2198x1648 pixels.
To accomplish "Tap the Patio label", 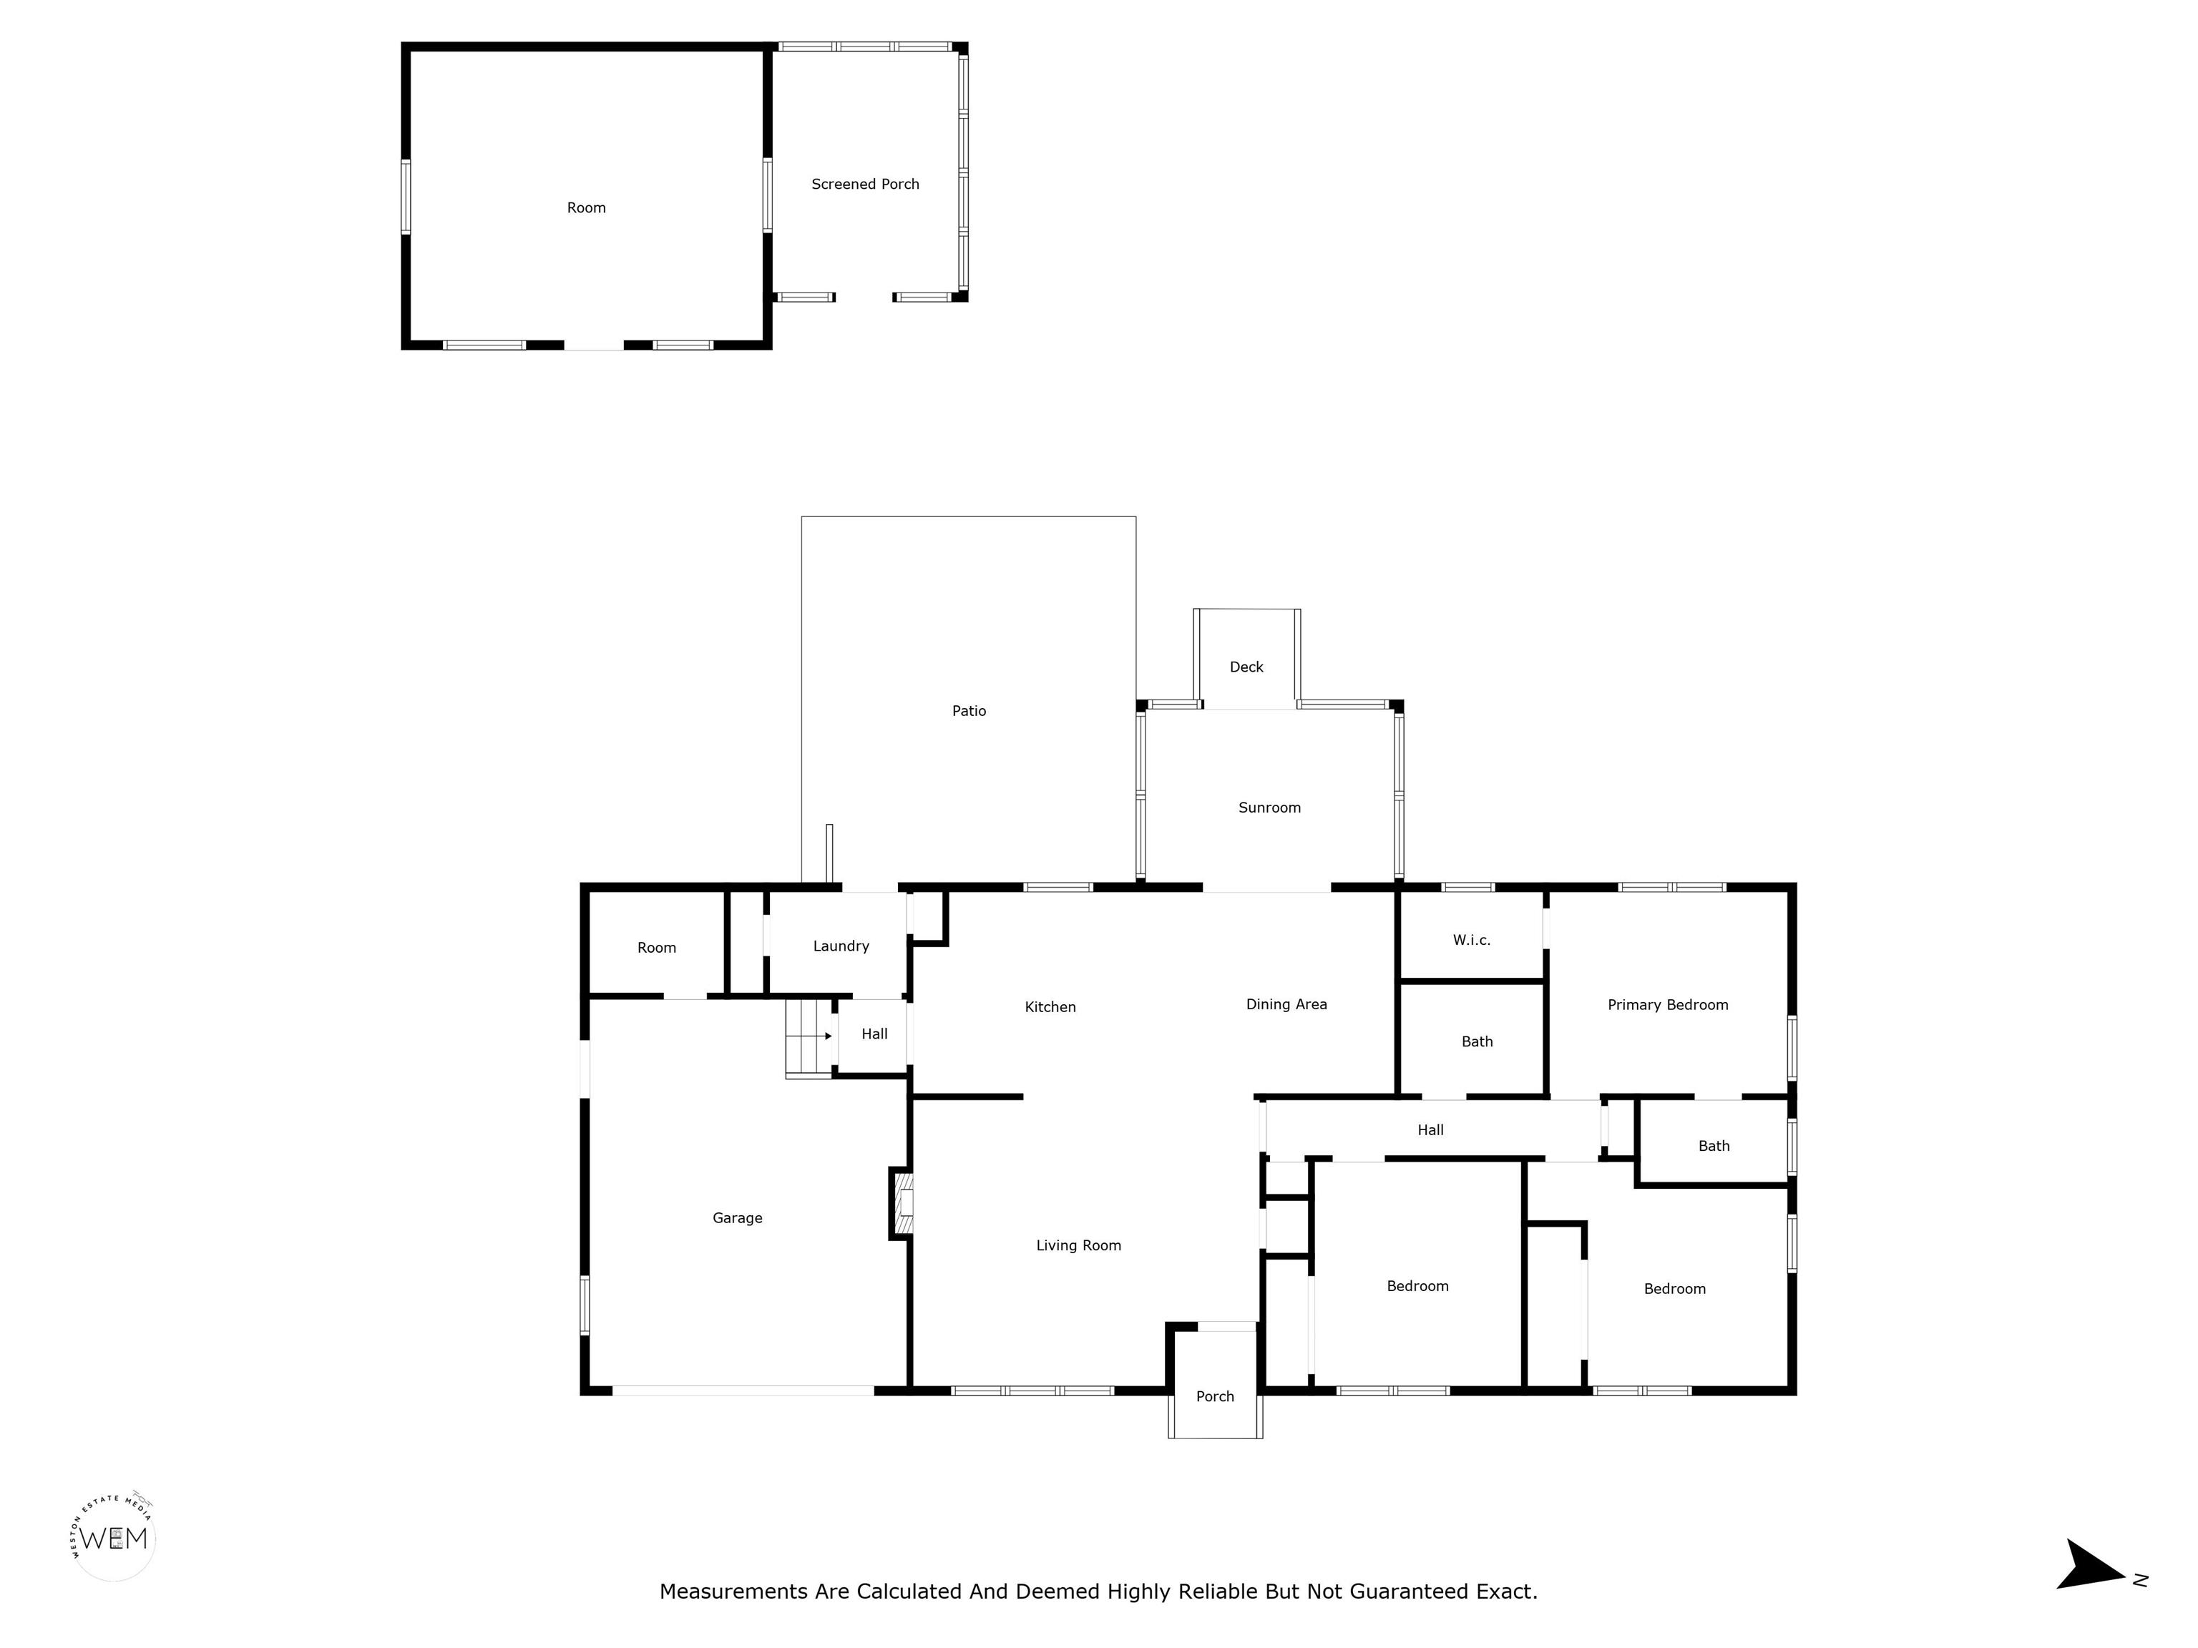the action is click(x=969, y=710).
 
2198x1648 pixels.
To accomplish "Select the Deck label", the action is click(x=1246, y=667).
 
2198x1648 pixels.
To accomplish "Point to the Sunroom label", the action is click(x=1269, y=808).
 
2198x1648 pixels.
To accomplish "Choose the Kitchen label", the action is click(x=1050, y=1007).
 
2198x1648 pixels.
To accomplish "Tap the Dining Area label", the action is click(x=1286, y=1004).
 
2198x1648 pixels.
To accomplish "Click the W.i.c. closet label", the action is click(x=1472, y=940).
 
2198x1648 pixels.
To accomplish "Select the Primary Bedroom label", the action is click(x=1667, y=1005).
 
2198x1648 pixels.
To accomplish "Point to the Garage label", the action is click(x=737, y=1218).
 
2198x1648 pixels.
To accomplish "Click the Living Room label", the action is click(x=1078, y=1246).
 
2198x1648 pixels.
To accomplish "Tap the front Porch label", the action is click(x=1214, y=1397).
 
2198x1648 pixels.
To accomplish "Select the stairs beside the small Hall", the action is click(x=809, y=1038).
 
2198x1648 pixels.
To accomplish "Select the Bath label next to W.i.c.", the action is click(x=1477, y=1042).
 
